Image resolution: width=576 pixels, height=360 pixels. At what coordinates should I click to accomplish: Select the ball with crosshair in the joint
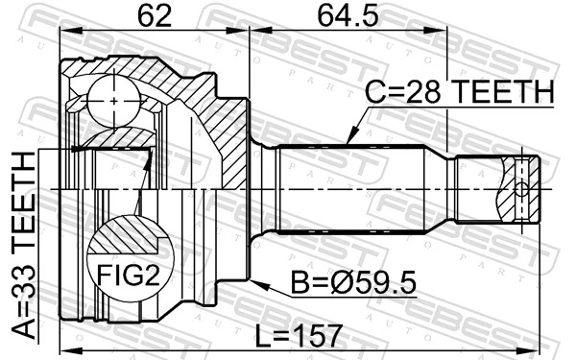click(114, 100)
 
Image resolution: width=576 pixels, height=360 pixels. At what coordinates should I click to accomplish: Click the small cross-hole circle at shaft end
click(522, 187)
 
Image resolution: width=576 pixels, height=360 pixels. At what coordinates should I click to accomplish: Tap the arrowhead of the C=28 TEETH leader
click(348, 142)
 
